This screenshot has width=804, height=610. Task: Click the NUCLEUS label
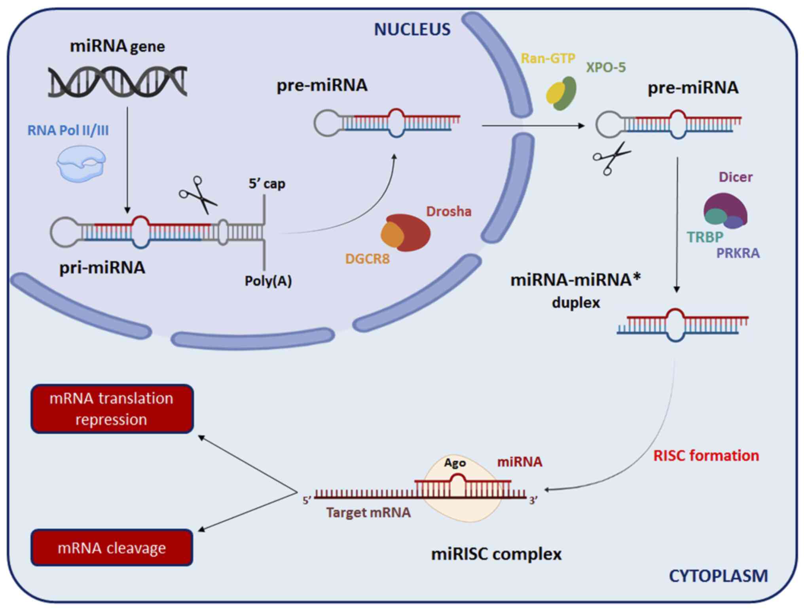pos(412,29)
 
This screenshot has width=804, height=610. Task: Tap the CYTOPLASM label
pos(718,576)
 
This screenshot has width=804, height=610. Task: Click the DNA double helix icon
pos(118,82)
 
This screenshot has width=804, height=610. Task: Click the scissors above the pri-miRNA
pos(197,195)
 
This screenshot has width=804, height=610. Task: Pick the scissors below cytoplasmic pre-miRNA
pos(611,158)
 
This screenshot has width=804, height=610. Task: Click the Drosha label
pos(449,211)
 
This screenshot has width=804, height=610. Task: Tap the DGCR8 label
pos(367,259)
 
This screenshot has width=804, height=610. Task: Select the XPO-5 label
pos(606,67)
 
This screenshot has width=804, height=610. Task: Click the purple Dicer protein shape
pos(728,204)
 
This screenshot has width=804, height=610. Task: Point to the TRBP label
pos(705,237)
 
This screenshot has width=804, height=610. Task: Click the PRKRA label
pos(738,253)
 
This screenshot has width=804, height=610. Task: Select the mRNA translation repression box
pos(112,409)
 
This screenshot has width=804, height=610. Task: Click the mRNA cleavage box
pos(112,547)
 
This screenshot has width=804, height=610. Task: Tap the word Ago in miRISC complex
pos(455,463)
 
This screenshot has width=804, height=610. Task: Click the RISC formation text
pos(706,456)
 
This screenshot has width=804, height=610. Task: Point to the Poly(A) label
pos(268,281)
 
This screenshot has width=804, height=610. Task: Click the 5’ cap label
pos(267,184)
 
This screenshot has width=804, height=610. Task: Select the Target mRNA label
pos(368,513)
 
